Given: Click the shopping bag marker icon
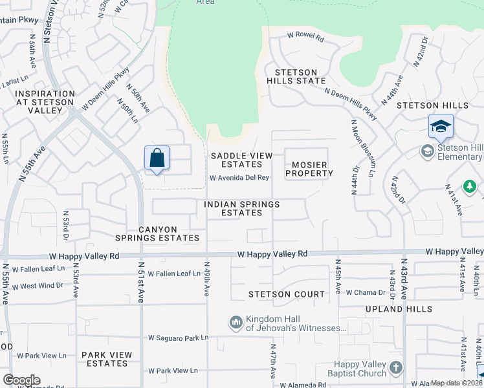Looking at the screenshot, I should click(x=157, y=158).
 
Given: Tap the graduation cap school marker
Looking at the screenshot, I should click(x=441, y=125).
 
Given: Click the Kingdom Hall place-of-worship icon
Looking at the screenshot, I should click(x=236, y=321).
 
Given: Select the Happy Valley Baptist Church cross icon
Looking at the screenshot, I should click(x=395, y=369).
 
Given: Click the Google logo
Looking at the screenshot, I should click(x=21, y=380).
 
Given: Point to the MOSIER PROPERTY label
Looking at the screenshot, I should click(x=309, y=169).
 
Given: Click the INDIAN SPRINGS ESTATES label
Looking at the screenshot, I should click(x=241, y=208).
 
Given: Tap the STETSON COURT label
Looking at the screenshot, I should click(x=287, y=294).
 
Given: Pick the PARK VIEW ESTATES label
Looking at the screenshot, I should click(x=107, y=359).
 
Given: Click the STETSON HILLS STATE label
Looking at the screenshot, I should click(x=300, y=76).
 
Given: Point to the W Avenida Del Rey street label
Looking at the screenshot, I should click(x=238, y=178).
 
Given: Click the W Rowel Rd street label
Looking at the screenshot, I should click(x=305, y=39).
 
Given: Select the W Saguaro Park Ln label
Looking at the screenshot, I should click(x=178, y=338).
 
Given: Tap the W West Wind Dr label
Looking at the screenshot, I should click(x=38, y=285).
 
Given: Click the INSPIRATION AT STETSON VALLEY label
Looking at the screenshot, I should click(x=40, y=102).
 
